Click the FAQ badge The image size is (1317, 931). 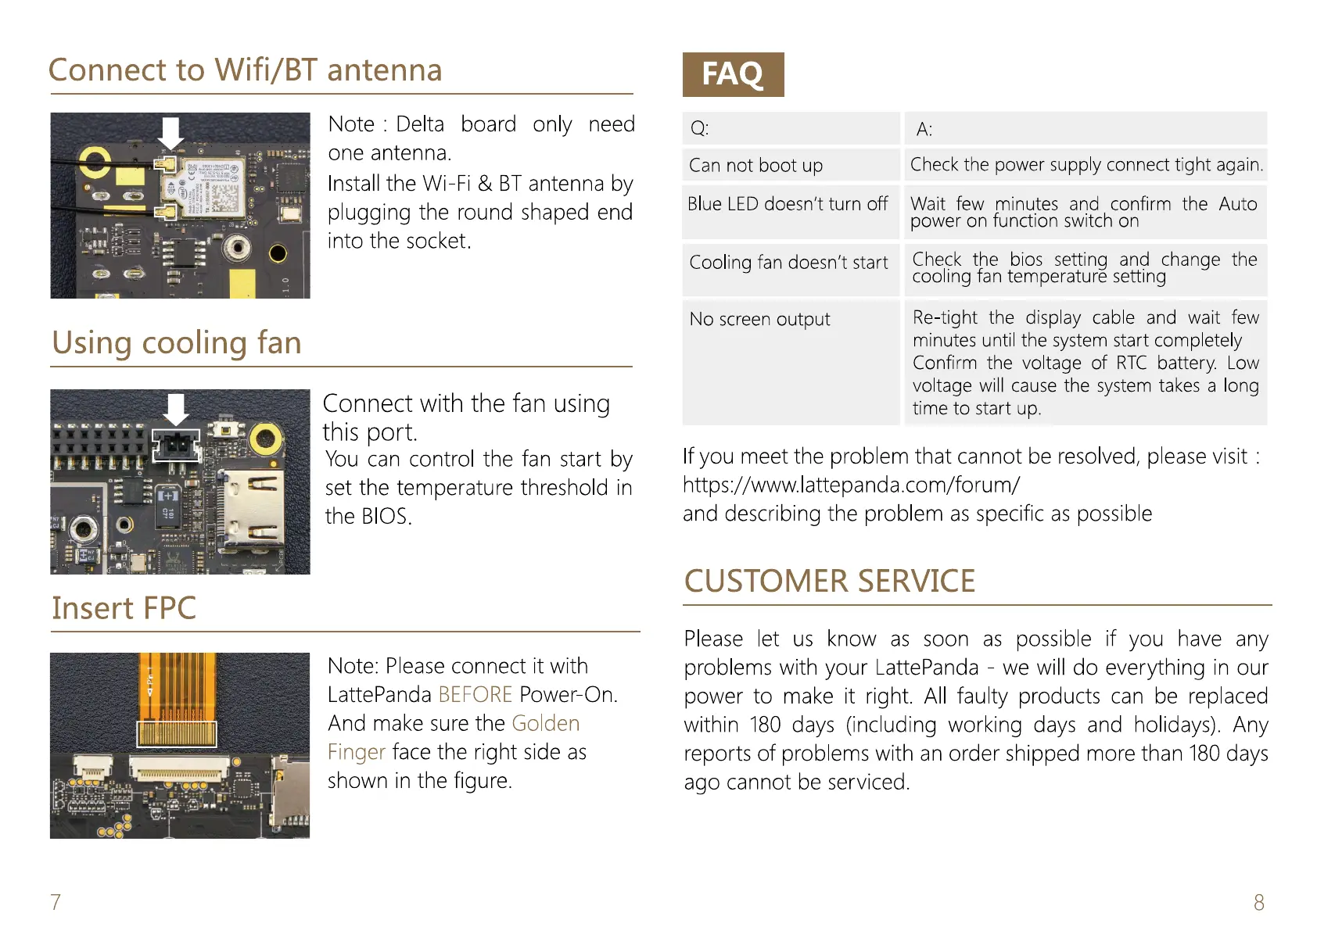pos(733,74)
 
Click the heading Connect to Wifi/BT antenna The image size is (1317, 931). pos(245,70)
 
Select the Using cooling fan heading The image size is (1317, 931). pos(177,343)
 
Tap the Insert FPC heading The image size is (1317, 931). pos(124,608)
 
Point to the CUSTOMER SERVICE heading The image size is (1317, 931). pos(829,582)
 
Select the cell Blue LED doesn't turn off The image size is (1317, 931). pos(788,204)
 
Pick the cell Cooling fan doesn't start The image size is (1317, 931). pos(788,263)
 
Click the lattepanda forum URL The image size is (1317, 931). pos(851,485)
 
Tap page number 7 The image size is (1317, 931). pos(56,902)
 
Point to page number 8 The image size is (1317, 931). pos(1258,903)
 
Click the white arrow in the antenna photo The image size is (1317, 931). pos(170,132)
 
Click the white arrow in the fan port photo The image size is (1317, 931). pos(177,408)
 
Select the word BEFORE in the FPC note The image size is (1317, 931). pos(475,695)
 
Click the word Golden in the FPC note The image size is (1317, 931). pos(545,724)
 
